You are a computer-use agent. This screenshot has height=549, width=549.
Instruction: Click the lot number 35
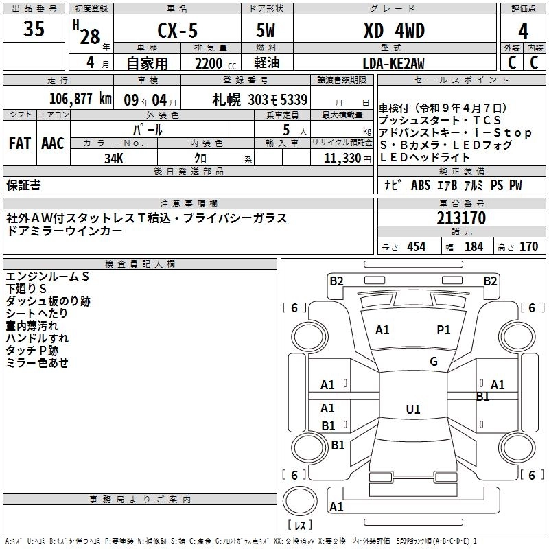[x=34, y=29]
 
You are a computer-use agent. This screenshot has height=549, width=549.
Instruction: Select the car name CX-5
[x=176, y=30]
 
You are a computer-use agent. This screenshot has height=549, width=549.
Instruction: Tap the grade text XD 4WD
[x=393, y=30]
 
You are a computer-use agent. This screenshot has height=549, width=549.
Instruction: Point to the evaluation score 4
[x=524, y=30]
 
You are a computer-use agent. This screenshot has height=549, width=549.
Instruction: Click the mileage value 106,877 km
[x=80, y=99]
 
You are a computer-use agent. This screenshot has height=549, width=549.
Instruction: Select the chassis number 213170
[x=461, y=219]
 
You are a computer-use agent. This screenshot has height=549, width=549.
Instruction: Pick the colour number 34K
[x=113, y=157]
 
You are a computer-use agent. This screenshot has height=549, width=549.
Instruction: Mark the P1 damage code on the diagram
[x=443, y=330]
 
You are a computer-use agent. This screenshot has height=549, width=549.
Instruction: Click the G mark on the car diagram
[x=434, y=362]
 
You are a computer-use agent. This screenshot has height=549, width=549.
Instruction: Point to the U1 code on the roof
[x=412, y=410]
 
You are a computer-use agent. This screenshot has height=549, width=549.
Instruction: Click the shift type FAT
[x=19, y=143]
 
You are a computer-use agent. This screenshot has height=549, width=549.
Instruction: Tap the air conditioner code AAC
[x=53, y=143]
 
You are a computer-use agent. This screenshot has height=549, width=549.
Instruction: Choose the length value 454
[x=416, y=247]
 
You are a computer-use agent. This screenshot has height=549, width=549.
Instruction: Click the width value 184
[x=474, y=247]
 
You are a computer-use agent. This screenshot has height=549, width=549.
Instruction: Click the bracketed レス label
[x=300, y=526]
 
